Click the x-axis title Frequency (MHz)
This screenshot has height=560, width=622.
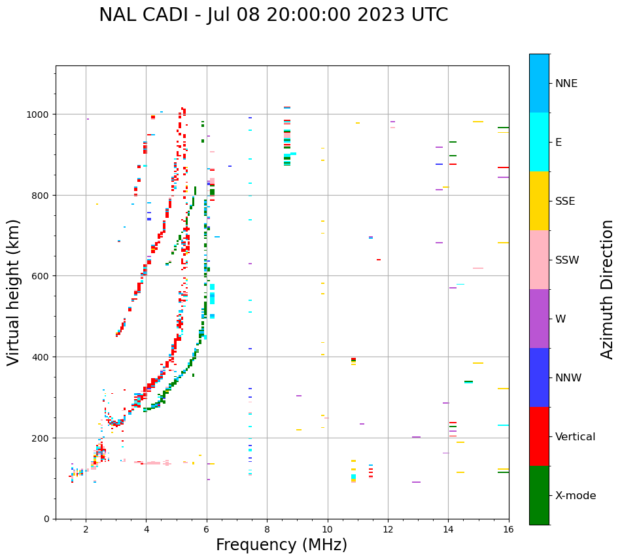(281, 545)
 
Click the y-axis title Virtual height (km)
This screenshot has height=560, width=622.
(14, 292)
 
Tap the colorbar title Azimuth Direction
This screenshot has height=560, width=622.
(608, 289)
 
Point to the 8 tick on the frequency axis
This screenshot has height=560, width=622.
(267, 529)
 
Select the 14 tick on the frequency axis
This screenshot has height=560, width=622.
(448, 529)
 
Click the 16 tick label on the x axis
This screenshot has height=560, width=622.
(509, 529)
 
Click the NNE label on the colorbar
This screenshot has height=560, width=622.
(566, 83)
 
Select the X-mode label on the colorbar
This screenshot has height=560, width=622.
(576, 496)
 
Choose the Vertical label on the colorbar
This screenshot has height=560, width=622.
(576, 436)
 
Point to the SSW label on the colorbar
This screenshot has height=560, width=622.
(567, 260)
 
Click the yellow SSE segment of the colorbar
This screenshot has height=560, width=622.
(539, 201)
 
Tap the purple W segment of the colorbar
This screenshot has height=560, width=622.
(539, 319)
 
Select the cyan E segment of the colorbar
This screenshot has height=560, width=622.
(539, 142)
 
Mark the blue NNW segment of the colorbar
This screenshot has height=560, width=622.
(539, 377)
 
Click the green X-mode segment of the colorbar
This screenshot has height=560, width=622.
(539, 495)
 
